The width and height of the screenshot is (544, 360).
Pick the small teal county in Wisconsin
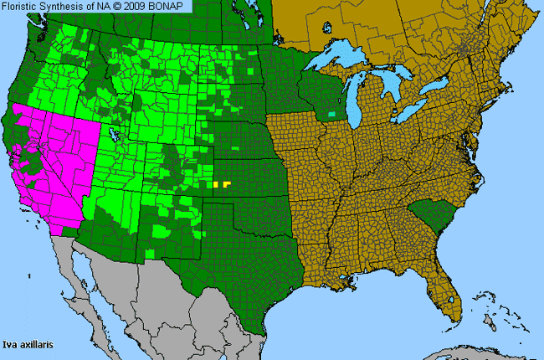[334, 113]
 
